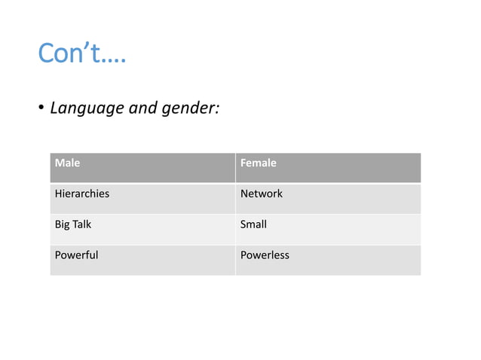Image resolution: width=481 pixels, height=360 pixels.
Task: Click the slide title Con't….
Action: pos(81,53)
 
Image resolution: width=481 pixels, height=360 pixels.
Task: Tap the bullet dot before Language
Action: pos(42,108)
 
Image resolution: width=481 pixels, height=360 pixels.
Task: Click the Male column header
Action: pos(67,163)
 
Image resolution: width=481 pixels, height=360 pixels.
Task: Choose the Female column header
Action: pos(258,163)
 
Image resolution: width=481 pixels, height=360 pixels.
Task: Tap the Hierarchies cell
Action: pos(81,194)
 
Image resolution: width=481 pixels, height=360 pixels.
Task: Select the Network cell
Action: pos(261,194)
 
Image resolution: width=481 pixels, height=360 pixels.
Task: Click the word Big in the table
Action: pos(62,224)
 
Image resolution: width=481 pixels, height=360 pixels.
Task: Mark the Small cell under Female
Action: pos(253,224)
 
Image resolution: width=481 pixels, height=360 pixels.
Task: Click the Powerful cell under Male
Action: pos(76,255)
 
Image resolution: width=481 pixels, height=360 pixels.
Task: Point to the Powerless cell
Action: pos(264,255)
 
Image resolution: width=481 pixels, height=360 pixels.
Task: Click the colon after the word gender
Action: pos(217,110)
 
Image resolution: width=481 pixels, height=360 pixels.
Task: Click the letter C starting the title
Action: pos(46,53)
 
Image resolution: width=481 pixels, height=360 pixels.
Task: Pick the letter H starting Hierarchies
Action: pos(57,194)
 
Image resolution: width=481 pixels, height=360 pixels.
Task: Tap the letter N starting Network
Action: pos(244,194)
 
